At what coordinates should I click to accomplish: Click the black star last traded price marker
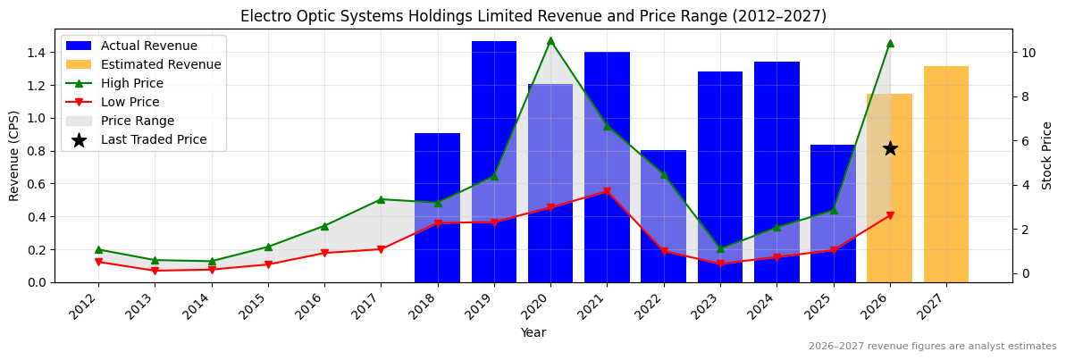[890, 148]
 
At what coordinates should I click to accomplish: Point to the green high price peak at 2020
[550, 40]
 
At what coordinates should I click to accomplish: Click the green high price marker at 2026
[890, 43]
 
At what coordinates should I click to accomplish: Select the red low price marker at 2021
[607, 191]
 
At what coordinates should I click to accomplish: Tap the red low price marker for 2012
[98, 262]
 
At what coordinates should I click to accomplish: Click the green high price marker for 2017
[381, 199]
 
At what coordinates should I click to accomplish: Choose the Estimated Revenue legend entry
[161, 64]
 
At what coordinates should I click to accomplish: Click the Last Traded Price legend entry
[154, 139]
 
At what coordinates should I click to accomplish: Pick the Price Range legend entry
[138, 121]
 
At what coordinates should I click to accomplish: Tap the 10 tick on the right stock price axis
[1028, 53]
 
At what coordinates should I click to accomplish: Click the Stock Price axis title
[1047, 155]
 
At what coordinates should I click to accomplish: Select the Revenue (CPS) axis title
[14, 155]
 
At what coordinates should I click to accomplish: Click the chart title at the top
[533, 16]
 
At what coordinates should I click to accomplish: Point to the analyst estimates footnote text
[932, 347]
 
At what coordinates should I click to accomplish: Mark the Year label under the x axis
[533, 332]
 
